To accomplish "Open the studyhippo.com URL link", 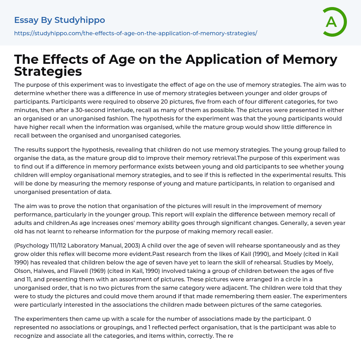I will click(x=135, y=33).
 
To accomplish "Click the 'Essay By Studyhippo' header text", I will click(x=60, y=20).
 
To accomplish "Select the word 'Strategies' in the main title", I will click(x=48, y=71).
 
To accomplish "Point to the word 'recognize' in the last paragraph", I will click(x=28, y=336).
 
